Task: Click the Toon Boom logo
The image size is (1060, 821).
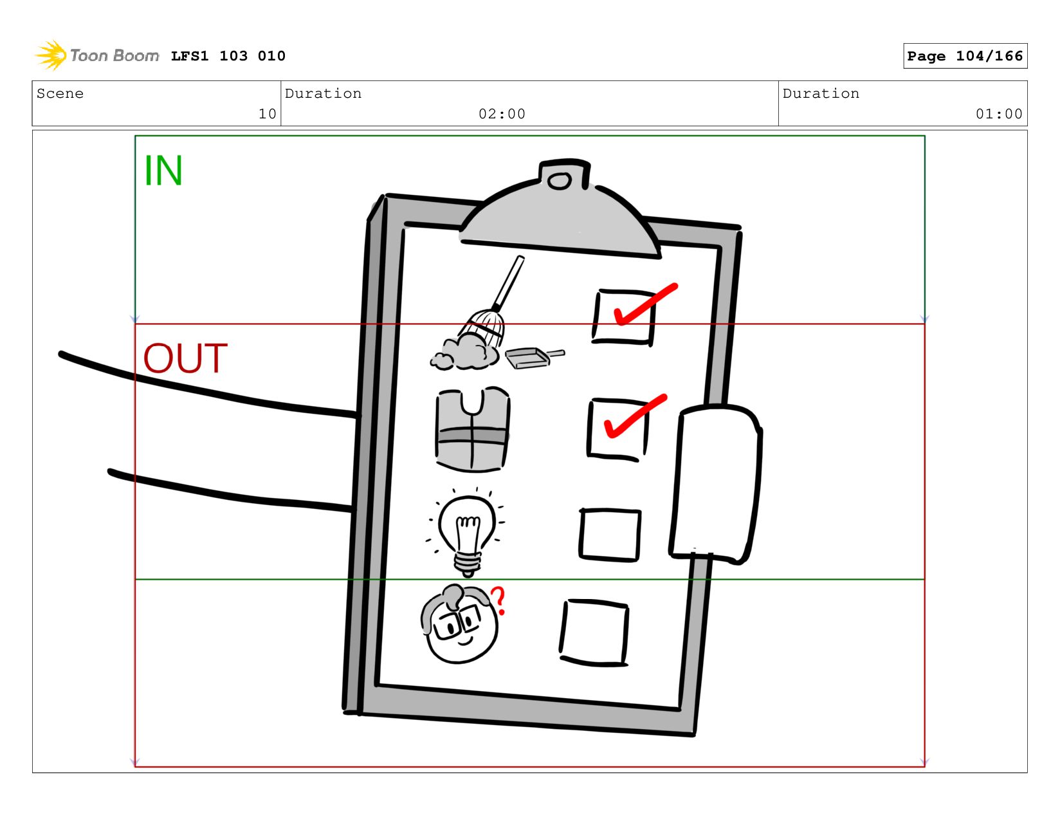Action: [96, 55]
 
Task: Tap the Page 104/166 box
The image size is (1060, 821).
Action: [965, 56]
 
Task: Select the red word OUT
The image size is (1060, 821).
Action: [185, 358]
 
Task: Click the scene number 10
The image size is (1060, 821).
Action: [267, 114]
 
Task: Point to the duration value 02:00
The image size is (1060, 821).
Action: [502, 114]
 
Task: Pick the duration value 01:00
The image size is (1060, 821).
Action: [999, 114]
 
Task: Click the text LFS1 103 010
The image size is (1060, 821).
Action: [228, 56]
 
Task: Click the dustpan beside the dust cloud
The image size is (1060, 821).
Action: [531, 357]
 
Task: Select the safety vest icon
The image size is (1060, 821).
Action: [473, 430]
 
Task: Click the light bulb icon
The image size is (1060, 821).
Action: [467, 531]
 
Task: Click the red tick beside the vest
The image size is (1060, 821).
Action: [633, 416]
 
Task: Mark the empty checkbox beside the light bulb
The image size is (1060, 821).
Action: [610, 534]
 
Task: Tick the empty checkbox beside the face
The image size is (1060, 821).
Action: [594, 632]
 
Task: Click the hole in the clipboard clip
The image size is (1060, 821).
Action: [560, 181]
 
